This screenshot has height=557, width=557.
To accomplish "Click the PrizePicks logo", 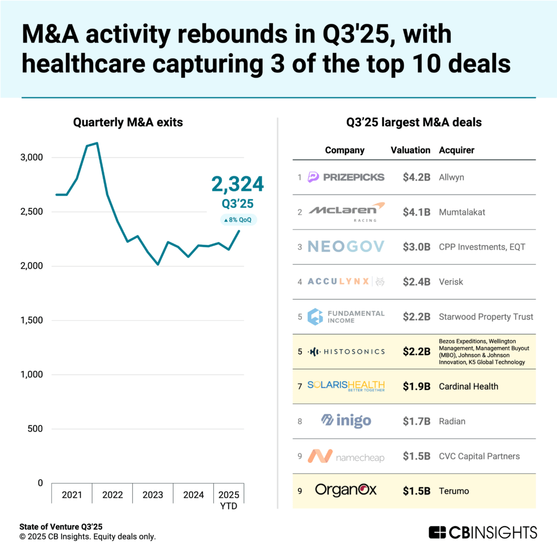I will (346, 177).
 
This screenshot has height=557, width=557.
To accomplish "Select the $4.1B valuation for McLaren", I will (417, 212).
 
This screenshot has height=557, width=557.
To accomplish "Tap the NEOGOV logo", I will (345, 247).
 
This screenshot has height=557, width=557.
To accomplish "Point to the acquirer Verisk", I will (451, 282).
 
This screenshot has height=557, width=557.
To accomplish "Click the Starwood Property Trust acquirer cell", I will (486, 317).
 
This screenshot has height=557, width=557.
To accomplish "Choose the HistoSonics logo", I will (346, 351).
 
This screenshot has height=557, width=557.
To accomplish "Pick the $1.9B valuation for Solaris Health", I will (417, 386).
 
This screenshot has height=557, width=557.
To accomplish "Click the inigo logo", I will (346, 420).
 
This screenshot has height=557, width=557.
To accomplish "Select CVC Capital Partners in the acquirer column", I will (479, 456).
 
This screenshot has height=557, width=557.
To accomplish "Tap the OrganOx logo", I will (346, 490).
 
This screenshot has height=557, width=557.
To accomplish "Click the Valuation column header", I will (410, 150).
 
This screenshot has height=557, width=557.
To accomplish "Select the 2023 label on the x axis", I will (153, 495).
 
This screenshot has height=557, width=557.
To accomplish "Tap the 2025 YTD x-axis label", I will (228, 500).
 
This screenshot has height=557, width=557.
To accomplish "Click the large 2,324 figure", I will (238, 184).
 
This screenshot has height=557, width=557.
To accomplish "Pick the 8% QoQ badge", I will (238, 220).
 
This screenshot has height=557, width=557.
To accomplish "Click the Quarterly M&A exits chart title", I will (128, 123).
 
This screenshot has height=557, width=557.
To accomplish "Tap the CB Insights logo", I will (482, 532).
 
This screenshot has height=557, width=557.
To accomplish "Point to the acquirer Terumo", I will (454, 491).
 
